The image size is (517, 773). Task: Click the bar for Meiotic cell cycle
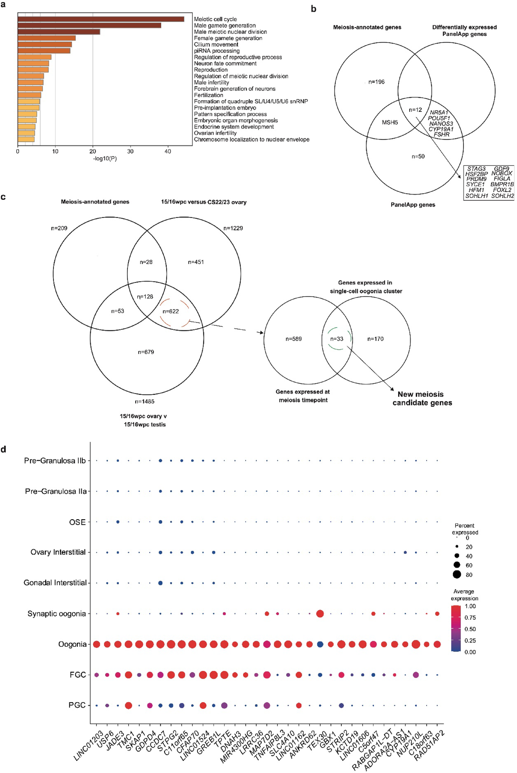point(100,19)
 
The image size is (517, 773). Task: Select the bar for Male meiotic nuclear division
point(59,31)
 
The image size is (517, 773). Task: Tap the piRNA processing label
point(217,51)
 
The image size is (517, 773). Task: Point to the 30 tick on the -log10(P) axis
point(130,151)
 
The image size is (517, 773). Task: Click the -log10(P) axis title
point(105,158)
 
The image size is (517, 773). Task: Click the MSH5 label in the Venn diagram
point(390,122)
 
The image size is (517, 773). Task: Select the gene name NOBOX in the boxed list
point(501,173)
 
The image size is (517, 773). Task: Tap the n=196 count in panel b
point(376,82)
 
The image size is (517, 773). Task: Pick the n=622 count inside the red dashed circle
point(170,311)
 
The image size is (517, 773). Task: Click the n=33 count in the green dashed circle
point(337,338)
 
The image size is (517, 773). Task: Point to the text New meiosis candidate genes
point(422,398)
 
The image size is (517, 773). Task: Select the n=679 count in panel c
point(146,352)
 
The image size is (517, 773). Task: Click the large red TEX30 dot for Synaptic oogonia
point(319,614)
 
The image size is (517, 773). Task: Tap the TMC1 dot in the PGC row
point(129,705)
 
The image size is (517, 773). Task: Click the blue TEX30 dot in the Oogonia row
point(320,644)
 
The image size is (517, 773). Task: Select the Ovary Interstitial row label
point(58,552)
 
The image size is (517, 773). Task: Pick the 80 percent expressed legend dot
point(457,575)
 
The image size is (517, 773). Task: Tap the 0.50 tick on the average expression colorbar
point(470,629)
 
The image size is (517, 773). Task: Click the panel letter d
point(3,449)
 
